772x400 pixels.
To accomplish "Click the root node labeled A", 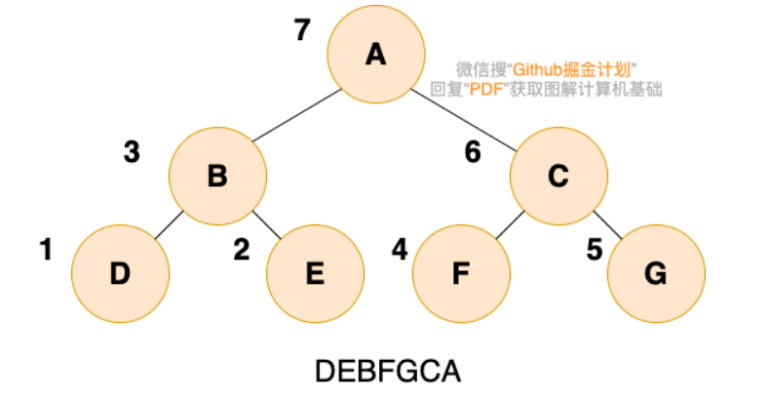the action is [376, 55].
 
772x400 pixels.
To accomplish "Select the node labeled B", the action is [217, 176].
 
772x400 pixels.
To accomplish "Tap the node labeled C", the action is [559, 176].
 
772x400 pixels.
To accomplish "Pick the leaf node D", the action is [120, 273].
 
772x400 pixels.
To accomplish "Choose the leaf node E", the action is [315, 273].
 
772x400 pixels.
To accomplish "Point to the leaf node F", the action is [461, 273].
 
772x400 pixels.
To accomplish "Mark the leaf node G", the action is [656, 273].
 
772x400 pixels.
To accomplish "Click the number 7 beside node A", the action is [302, 29].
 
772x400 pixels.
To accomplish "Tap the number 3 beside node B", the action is [132, 152].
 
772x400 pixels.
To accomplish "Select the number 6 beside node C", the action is [473, 152].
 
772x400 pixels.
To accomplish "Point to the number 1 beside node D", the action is [46, 249].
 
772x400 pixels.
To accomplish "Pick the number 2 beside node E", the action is [242, 249].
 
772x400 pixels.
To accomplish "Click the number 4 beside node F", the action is [400, 249].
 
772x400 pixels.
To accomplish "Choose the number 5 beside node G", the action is [595, 249].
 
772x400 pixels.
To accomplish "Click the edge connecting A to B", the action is [297, 115].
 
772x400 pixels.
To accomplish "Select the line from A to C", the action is [464, 120].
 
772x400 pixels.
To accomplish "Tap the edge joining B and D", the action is [169, 225].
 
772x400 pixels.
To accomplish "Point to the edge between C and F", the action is [510, 225].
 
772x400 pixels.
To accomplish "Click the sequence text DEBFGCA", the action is [388, 372].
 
